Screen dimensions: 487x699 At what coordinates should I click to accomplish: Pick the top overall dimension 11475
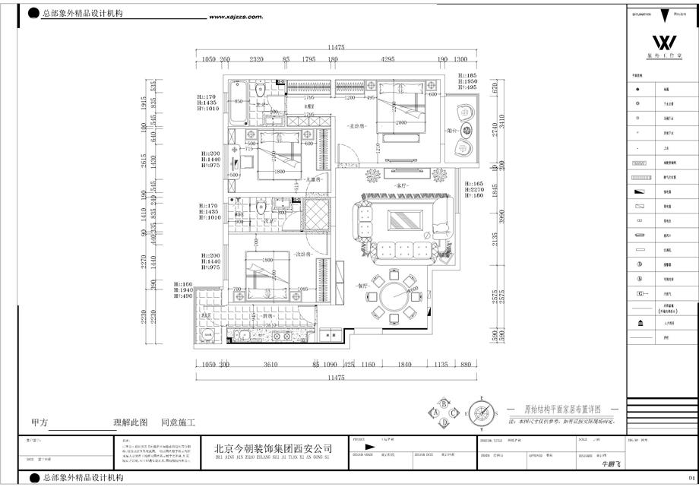pyautogui.click(x=336, y=47)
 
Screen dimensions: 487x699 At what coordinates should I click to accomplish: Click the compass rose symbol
pyautogui.click(x=480, y=413)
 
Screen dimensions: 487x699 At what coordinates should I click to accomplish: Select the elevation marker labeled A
pyautogui.click(x=435, y=413)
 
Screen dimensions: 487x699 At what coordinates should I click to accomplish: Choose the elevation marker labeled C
pyautogui.click(x=454, y=413)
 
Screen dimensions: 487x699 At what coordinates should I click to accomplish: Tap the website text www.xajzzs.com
pyautogui.click(x=235, y=16)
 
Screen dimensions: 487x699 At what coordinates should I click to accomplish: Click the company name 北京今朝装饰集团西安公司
pyautogui.click(x=274, y=449)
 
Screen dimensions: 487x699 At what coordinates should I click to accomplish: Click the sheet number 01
pyautogui.click(x=690, y=478)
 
